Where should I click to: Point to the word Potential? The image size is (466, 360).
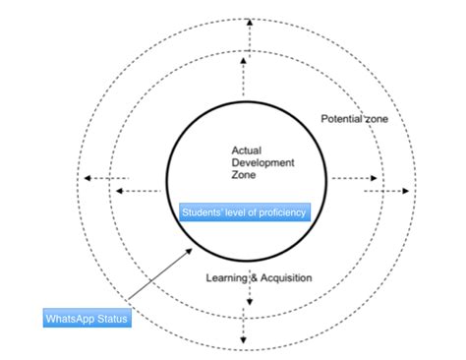(340, 119)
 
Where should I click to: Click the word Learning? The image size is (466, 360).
(225, 278)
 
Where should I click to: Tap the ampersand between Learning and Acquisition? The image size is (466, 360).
(253, 278)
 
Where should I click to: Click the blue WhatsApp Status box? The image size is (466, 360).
(87, 319)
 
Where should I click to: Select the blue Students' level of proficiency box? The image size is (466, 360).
(245, 212)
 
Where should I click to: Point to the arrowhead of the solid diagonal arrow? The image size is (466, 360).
(189, 250)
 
